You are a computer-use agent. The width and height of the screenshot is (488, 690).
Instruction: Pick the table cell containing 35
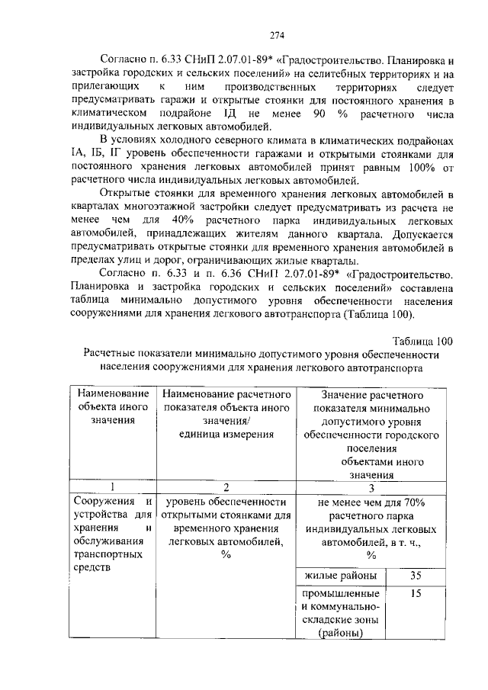(x=416, y=575)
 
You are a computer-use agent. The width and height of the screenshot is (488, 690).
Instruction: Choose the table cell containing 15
(x=416, y=592)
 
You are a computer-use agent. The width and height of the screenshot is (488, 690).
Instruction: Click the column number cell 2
(x=226, y=487)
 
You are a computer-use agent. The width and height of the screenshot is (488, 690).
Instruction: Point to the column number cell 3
(x=371, y=487)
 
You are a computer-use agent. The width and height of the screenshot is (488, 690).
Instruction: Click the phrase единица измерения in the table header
(x=226, y=434)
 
